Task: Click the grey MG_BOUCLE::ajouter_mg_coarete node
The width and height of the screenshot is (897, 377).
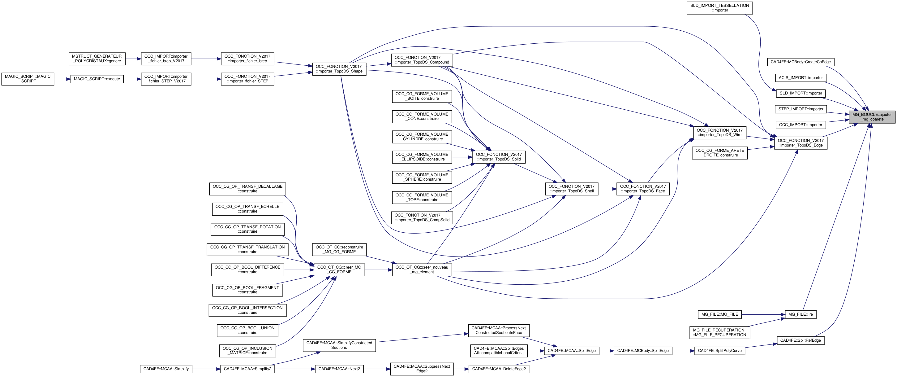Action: tap(872, 117)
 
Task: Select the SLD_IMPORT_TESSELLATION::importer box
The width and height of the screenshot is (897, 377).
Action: tap(719, 8)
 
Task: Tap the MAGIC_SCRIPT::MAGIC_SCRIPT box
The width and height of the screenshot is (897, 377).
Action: tap(28, 79)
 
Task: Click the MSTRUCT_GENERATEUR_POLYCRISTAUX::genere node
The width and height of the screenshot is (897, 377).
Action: tap(97, 59)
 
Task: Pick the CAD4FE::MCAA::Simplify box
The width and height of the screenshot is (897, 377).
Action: tap(166, 369)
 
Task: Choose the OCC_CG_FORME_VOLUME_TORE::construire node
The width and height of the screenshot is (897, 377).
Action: tap(422, 197)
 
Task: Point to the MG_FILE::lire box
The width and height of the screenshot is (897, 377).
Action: tap(800, 314)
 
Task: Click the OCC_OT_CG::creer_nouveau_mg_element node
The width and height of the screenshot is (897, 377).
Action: tap(422, 270)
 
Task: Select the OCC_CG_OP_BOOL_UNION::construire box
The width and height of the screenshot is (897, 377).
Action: tap(247, 330)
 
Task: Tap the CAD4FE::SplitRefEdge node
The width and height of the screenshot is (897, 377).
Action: tap(800, 340)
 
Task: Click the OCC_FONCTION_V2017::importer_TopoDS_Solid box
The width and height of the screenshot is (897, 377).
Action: tap(499, 157)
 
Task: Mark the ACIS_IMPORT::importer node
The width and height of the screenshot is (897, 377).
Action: tap(800, 78)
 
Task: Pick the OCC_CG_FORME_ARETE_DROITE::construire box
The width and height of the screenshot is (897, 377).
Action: tap(719, 153)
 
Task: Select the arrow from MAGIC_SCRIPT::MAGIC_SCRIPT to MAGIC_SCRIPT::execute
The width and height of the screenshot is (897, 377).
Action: tap(62, 79)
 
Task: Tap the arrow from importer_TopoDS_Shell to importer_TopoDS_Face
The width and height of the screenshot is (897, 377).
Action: tap(607, 189)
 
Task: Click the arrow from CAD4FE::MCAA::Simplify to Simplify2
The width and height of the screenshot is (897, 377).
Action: tap(206, 369)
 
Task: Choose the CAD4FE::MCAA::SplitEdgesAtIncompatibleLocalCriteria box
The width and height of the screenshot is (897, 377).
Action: tap(499, 351)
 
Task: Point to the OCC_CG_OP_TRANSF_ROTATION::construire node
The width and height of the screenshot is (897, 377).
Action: tap(247, 229)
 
